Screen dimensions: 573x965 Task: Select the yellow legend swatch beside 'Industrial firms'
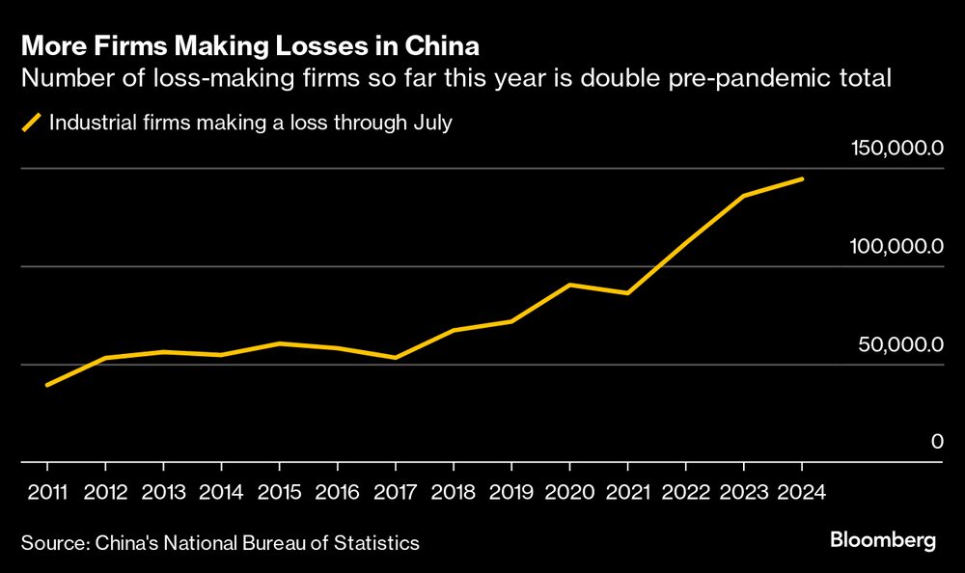(32, 123)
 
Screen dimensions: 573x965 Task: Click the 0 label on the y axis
(936, 442)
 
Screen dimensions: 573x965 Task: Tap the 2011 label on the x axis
(48, 492)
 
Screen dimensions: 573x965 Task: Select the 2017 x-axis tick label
(396, 492)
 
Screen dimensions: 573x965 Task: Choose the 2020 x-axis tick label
(570, 492)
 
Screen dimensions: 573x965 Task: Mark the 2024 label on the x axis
(802, 492)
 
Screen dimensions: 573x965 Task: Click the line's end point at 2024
(802, 179)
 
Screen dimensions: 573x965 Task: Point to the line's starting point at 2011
(47, 385)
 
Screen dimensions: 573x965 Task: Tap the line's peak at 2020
(570, 285)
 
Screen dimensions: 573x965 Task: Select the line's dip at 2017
(396, 358)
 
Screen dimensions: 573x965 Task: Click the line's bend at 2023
(744, 196)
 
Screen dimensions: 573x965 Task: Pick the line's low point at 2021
(628, 293)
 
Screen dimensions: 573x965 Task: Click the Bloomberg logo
(883, 541)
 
